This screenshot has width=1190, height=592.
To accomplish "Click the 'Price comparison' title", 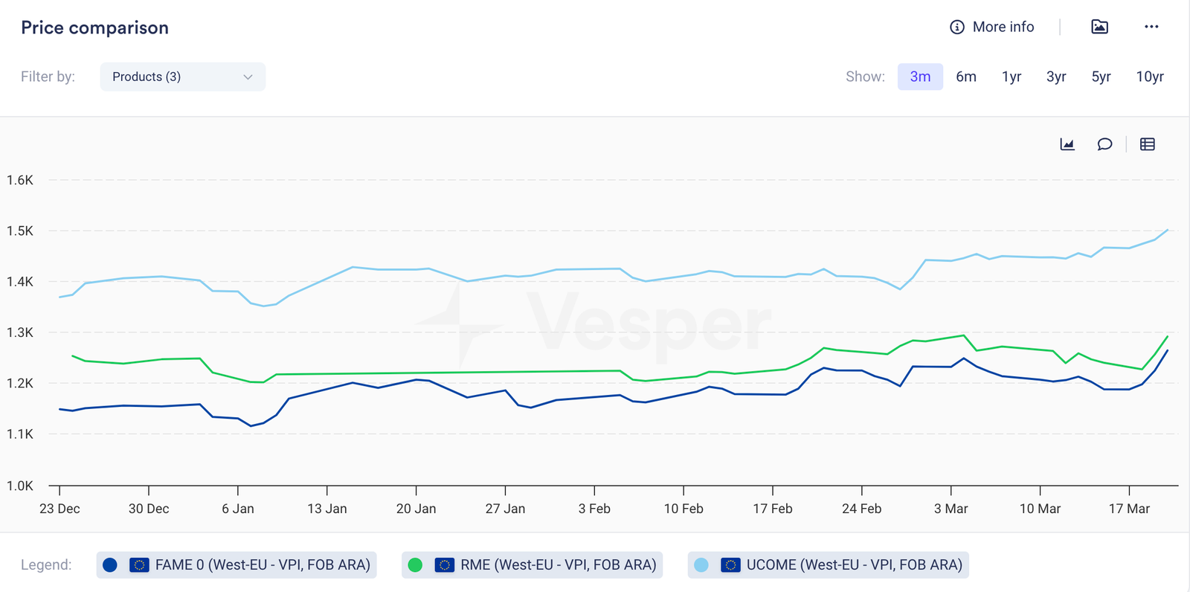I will click(94, 28).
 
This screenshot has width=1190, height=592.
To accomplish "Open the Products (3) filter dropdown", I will click(182, 77).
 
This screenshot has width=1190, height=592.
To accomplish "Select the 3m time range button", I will click(920, 77).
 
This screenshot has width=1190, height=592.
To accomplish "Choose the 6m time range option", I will click(965, 77).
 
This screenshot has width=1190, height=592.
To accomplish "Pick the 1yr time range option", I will click(1011, 77).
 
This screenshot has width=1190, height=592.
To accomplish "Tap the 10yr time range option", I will click(1149, 77).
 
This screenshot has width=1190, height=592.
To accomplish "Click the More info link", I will click(992, 27).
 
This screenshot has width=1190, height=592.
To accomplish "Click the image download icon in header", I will click(1099, 27).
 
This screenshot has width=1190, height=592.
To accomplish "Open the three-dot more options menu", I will click(1151, 27).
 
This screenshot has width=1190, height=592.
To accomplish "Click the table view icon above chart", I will click(1147, 144).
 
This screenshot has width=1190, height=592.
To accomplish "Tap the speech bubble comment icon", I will click(1104, 144).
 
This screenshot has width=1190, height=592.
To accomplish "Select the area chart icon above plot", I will click(1067, 144).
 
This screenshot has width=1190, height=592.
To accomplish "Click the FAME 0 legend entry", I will click(237, 564).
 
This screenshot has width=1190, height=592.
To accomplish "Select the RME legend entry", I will click(532, 564).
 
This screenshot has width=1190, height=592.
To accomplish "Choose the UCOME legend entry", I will click(828, 564).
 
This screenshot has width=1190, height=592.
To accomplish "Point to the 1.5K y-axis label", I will click(20, 231).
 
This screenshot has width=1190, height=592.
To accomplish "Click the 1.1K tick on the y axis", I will click(20, 434).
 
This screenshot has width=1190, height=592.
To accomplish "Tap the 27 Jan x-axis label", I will click(505, 509).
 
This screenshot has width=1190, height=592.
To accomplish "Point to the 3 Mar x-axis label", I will click(951, 509).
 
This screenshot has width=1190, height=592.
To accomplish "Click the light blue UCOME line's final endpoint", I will click(1168, 231).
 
